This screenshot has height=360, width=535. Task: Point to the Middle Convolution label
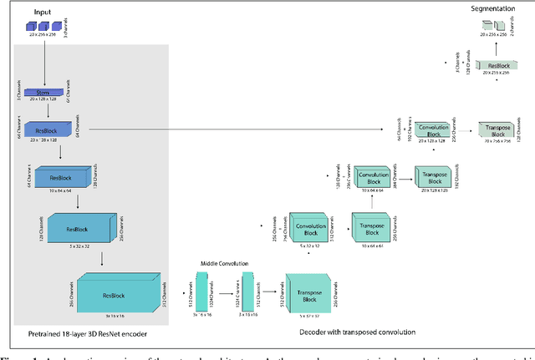pyautogui.click(x=222, y=262)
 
